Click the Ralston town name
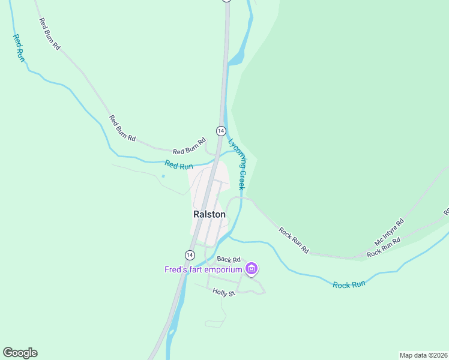coord(209,214)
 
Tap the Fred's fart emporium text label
coord(203,269)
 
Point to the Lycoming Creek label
coord(237,164)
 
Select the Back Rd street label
coord(229,259)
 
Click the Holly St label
coord(223,292)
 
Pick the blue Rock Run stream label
coord(349,284)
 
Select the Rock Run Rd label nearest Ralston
coord(294,240)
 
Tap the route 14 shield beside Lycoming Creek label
coord(220,131)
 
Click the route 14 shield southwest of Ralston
coord(190,254)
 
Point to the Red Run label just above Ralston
coord(178,165)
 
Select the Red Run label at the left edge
coord(19,48)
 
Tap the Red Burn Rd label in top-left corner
coord(50,34)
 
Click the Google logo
coord(20,353)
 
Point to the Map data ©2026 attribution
coord(423,355)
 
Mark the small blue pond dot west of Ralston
coord(163,176)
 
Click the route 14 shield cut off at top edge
coord(226,1)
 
